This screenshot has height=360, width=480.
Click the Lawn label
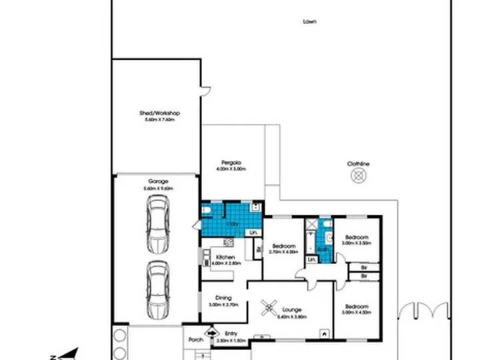309,21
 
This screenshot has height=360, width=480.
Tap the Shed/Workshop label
160,113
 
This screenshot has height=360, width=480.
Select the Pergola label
231,163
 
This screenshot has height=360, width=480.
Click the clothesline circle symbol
359,175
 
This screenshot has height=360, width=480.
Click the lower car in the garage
158,289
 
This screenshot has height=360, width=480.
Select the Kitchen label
224,257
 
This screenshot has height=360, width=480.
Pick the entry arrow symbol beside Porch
213,331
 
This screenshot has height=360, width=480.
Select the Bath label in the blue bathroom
323,250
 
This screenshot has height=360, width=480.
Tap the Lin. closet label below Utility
253,232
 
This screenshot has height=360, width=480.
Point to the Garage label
158,181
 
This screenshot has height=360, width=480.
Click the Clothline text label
358,164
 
